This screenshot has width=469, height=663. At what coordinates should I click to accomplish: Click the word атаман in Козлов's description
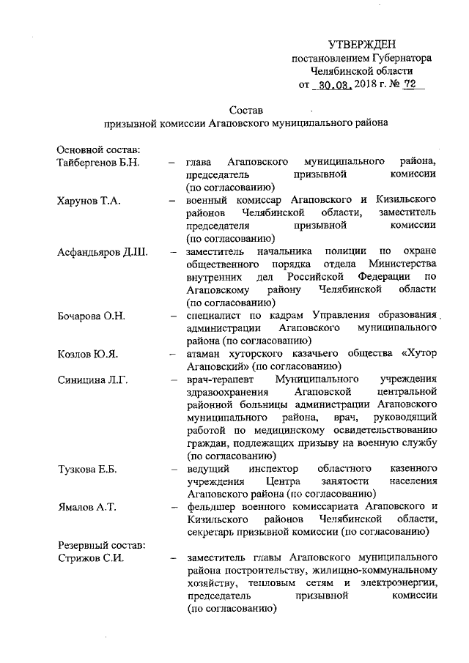[207, 354]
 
